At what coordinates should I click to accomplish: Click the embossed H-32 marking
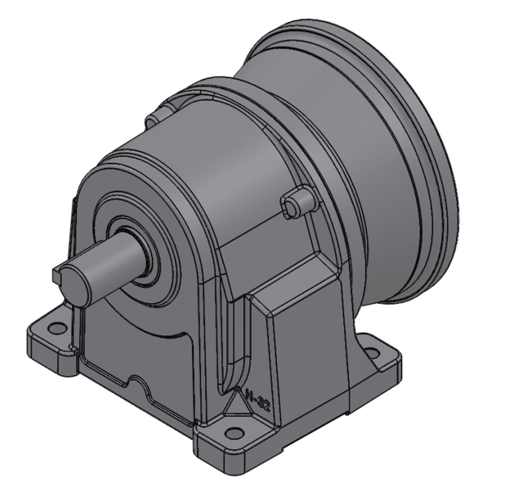(x=257, y=400)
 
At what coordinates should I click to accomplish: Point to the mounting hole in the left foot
(x=57, y=328)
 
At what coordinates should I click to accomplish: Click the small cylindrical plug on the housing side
(x=296, y=202)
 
